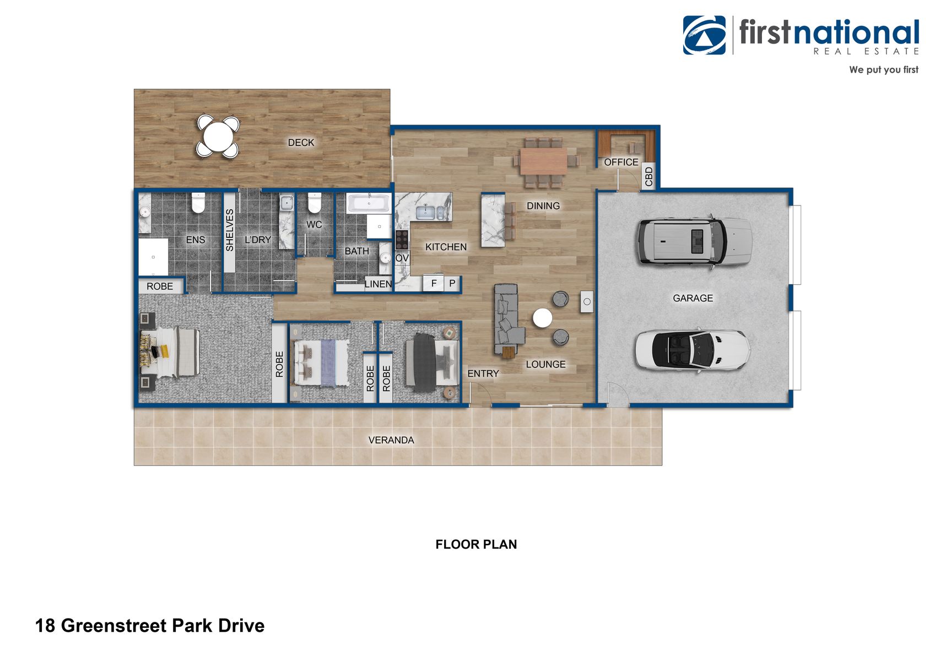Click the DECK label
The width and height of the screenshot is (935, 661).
coord(301,143)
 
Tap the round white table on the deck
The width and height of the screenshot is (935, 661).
coord(218,137)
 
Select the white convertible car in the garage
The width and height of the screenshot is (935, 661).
coord(693,350)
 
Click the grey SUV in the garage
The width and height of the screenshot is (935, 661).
coord(695,241)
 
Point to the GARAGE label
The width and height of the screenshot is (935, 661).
coord(693,298)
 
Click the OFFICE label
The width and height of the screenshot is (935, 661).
coord(621,162)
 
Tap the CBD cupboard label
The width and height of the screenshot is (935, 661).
coord(648,176)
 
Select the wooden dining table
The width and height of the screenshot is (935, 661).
coord(543,161)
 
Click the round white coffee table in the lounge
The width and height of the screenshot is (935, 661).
coord(542,318)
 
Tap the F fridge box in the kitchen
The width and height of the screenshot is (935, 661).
coord(434,283)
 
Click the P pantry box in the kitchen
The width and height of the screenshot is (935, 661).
coord(452,283)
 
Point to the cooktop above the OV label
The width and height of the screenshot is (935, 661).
coord(402,240)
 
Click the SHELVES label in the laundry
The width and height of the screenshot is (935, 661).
coord(230,230)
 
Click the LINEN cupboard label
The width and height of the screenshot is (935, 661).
coord(378,284)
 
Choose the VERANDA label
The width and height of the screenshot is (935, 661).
coord(391,440)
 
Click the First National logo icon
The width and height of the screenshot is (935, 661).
coord(704,35)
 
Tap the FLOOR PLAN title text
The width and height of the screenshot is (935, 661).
coord(476,544)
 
